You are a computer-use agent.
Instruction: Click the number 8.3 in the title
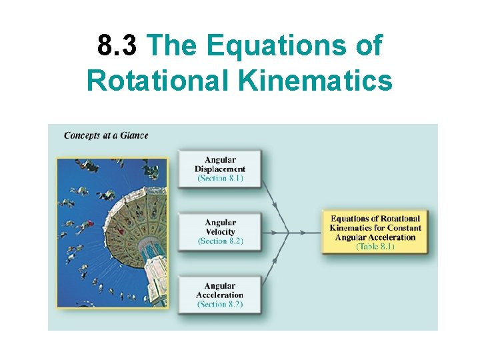tap(117, 46)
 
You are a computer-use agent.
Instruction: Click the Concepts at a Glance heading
tap(106, 135)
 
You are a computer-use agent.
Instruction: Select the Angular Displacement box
tap(219, 169)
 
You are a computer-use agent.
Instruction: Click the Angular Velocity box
tap(219, 232)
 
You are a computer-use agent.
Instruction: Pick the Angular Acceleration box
tap(219, 295)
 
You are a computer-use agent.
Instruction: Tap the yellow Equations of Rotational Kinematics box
tap(375, 232)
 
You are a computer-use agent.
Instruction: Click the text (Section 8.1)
tap(220, 178)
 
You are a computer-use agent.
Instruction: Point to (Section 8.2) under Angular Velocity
tap(220, 241)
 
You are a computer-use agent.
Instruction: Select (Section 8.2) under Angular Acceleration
tap(220, 304)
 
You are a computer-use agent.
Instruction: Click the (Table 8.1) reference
tap(375, 247)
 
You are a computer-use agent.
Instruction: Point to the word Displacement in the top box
tap(220, 169)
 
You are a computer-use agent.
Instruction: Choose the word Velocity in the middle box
tap(221, 232)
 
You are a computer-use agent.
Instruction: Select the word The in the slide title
tap(171, 46)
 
